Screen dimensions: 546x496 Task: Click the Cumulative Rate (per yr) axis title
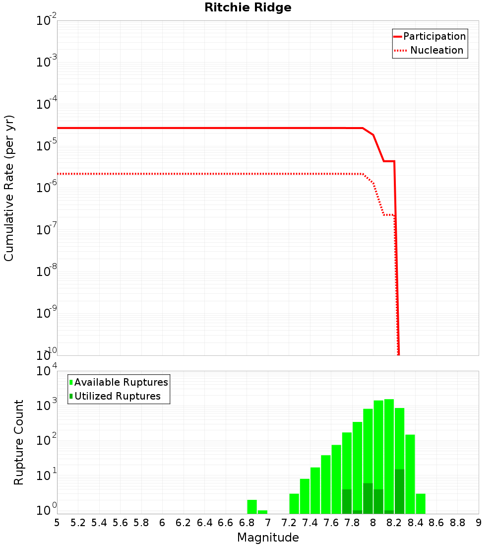point(9,188)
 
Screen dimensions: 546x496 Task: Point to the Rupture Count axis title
point(19,442)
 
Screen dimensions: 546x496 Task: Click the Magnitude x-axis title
point(268,538)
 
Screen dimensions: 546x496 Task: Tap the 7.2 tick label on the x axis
point(289,522)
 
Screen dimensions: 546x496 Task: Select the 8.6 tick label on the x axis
point(436,522)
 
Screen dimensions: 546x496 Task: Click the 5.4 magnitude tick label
point(99,522)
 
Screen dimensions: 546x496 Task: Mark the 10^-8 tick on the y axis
point(47,272)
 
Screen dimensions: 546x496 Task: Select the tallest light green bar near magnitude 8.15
point(389,457)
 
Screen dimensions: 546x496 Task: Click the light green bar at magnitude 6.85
point(252,507)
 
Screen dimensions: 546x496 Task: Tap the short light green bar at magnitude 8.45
point(421,504)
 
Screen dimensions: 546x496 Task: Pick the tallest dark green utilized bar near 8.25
point(399,491)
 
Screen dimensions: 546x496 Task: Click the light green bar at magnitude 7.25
point(294,504)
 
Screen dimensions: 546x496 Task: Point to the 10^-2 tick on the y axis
point(47,21)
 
